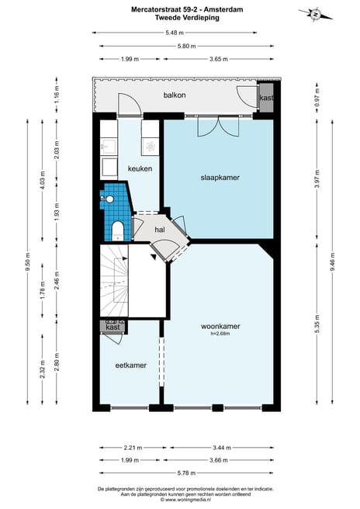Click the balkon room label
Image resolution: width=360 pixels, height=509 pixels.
point(174,95)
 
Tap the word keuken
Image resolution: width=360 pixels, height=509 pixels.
point(140,168)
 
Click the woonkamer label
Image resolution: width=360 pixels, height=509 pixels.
point(220,327)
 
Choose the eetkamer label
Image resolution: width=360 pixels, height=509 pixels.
point(130,365)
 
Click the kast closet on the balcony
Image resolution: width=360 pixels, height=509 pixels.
point(266,99)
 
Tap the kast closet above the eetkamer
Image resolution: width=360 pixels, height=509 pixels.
point(112,327)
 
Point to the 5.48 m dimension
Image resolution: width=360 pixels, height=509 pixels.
point(175,33)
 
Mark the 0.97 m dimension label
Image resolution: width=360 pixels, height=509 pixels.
point(318,99)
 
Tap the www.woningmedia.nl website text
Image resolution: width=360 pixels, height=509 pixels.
point(179,500)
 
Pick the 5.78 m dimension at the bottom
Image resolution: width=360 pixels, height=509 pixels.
point(179,471)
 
